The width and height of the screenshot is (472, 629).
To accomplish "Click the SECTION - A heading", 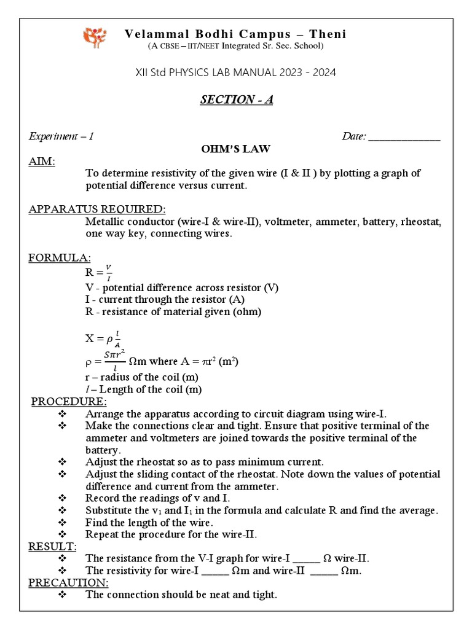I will point(236,100).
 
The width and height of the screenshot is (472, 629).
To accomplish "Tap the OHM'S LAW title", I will point(236,149).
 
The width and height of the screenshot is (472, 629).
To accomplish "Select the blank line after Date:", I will point(404,136).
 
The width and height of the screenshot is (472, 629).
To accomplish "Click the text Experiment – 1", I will point(61,136).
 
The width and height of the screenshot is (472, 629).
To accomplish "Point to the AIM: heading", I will point(42,161).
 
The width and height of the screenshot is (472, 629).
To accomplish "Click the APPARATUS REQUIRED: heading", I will point(96,209).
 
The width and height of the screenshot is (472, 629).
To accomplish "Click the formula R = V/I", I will point(98,270).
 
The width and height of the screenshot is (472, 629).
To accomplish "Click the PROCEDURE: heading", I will point(69,402).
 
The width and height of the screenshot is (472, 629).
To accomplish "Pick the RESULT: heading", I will point(52,546).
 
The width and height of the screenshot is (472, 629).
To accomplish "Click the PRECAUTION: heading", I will point(69,582).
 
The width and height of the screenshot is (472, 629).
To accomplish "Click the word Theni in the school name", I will point(327,34).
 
